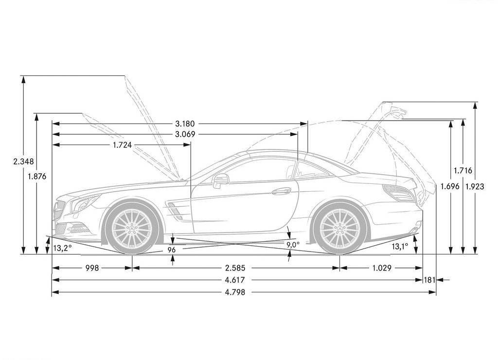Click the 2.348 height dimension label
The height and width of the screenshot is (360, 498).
pos(23,162)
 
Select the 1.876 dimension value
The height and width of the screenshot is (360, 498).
pos(37,176)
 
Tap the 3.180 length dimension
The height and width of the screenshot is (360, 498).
pos(185,124)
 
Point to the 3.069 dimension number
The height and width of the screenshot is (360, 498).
pos(185,134)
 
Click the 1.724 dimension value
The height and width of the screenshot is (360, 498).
pos(122,145)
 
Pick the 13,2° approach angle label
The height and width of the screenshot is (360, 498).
pos(62,248)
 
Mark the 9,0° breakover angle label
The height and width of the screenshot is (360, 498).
pos(293,245)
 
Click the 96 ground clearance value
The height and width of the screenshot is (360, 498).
pos(172,250)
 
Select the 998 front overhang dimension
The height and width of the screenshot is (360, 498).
pos(92,268)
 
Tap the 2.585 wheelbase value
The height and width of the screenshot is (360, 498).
pos(235,268)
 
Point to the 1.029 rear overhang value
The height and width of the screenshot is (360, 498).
pos(382,268)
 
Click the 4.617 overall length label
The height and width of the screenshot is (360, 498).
pos(235,280)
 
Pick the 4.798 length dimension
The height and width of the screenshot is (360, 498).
pos(235,292)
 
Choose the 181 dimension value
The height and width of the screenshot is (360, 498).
pos(429,280)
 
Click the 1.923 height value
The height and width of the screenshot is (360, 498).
pos(475,186)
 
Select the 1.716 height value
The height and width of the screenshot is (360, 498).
pos(463,171)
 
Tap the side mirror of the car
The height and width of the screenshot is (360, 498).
pos(220,180)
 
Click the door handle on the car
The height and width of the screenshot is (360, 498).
pos(282,191)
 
